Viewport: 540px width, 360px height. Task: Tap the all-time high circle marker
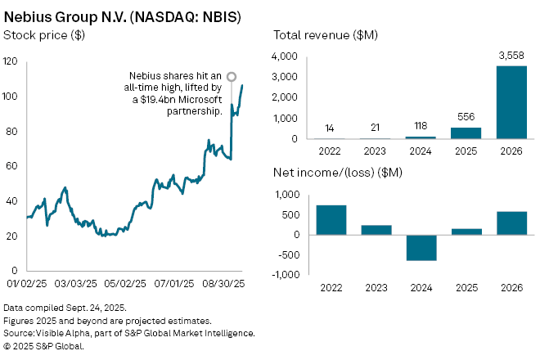pos(232,77)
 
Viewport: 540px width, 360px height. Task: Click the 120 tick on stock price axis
pos(11,62)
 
